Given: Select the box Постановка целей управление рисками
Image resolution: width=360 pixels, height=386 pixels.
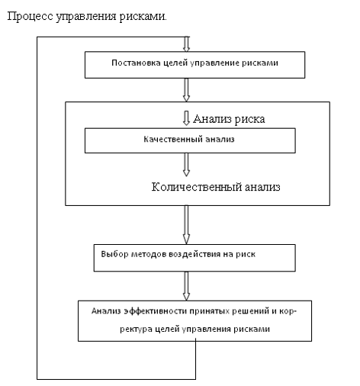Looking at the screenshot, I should [186, 64].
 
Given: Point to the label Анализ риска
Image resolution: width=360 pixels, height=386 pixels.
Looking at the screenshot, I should [229, 119].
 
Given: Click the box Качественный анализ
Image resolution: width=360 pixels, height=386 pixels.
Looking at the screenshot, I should [188, 140].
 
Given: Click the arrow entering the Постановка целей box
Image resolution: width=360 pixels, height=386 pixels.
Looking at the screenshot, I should [187, 43].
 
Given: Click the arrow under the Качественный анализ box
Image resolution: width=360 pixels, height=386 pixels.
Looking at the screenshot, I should [186, 165].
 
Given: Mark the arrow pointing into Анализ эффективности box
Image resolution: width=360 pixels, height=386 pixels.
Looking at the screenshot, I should [187, 286].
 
